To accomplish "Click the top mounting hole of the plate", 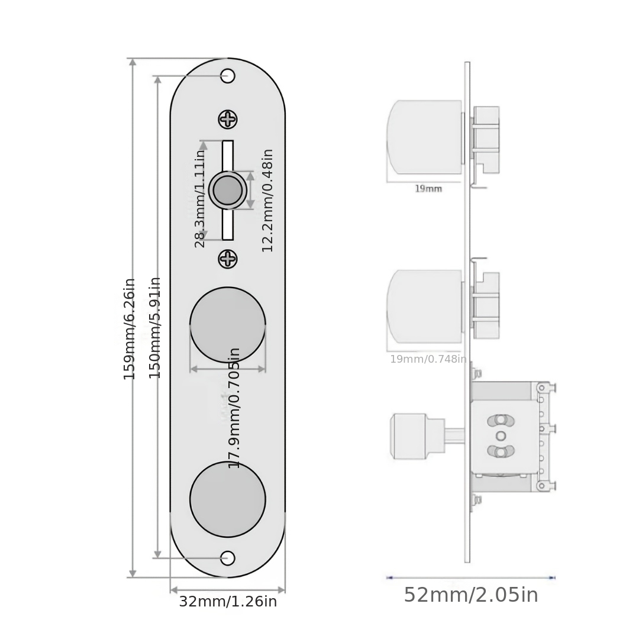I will click(228, 76).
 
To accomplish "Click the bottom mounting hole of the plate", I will click(228, 558).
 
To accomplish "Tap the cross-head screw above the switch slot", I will click(228, 120).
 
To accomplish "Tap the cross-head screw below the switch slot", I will click(228, 259).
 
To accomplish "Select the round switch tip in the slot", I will click(228, 190).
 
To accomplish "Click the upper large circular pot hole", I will click(228, 324).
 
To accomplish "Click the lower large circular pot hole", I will click(228, 499).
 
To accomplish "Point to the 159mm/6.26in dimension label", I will click(130, 329).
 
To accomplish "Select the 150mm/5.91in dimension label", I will click(154, 328).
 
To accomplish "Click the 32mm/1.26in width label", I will click(228, 602).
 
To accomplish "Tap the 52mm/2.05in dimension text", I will click(471, 595).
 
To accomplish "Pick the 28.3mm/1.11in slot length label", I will click(200, 198).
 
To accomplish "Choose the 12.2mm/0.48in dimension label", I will click(267, 200).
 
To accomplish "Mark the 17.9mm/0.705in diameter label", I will click(234, 408).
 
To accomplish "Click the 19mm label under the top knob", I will click(428, 189).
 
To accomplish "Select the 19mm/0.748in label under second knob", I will click(428, 359).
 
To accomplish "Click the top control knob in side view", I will click(424, 137).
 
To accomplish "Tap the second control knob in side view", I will click(424, 306).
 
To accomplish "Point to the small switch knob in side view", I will click(409, 436).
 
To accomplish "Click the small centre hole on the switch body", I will click(501, 436).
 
